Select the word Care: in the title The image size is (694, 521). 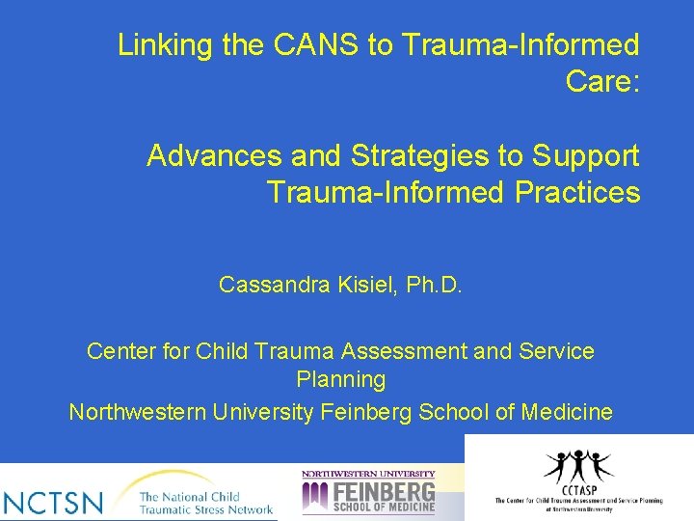tap(603, 82)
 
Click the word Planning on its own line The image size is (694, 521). tap(340, 380)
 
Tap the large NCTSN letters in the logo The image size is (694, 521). tap(54, 502)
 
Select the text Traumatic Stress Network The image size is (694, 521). tap(206, 508)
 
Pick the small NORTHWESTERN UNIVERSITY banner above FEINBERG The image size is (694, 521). tap(368, 474)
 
